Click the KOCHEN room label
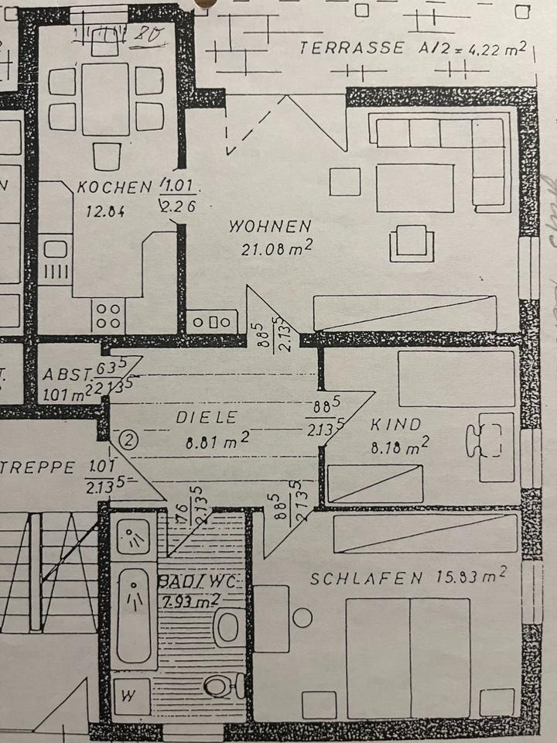[x=114, y=187]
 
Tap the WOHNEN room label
[x=270, y=227]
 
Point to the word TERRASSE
[x=351, y=48]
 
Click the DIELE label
[x=206, y=417]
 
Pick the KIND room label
[x=395, y=424]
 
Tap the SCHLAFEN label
[x=366, y=577]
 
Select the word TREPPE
[x=38, y=467]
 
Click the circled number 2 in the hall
[x=129, y=440]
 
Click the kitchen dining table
[x=105, y=99]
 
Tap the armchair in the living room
[x=411, y=241]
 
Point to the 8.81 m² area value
[x=217, y=443]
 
